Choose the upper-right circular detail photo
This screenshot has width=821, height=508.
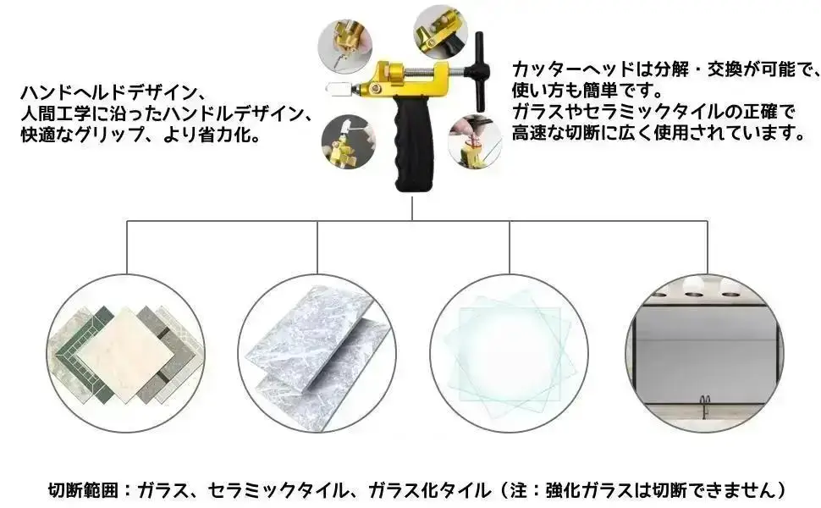(x=439, y=32)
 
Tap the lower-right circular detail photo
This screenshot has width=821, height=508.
(x=475, y=139)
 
